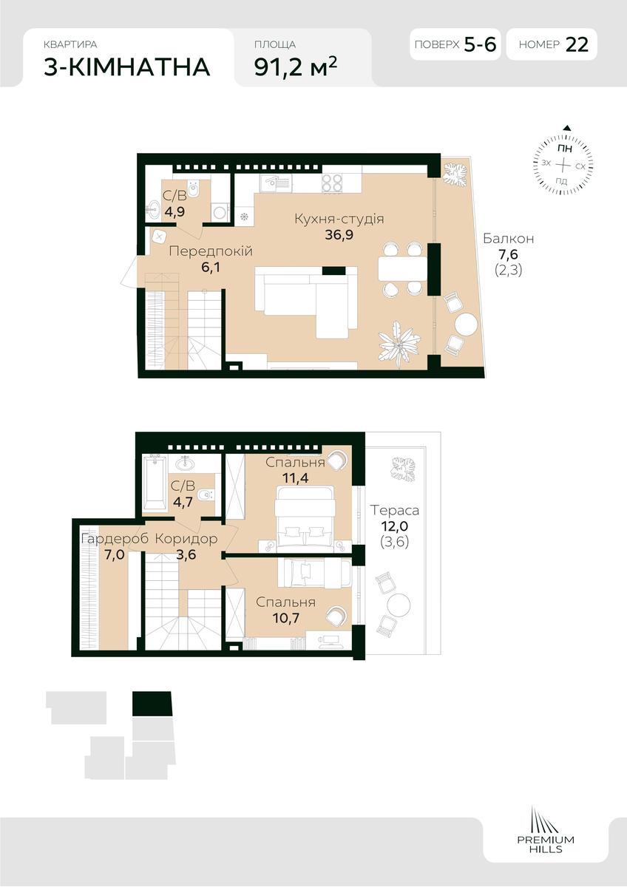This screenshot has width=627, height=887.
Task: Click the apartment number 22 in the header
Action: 577,44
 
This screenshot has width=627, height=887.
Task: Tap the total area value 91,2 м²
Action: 296,67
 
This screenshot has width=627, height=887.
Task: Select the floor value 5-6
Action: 480,44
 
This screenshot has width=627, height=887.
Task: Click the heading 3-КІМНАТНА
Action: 126,67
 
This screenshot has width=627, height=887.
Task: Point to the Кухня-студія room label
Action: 339,219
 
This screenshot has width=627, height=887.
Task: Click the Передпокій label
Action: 211,251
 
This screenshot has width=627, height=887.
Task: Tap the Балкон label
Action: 509,238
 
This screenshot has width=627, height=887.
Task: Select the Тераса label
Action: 395,511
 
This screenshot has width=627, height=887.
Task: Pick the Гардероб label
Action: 115,539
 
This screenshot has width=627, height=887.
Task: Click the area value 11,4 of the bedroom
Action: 295,478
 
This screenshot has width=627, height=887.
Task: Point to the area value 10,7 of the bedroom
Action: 286,617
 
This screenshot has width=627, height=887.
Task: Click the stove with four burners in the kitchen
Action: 332,183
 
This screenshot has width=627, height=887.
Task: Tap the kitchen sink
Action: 276,183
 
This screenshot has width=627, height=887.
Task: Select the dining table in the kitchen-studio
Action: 402,268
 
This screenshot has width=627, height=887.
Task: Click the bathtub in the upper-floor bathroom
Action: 155,483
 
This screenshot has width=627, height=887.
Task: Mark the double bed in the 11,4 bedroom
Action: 305,519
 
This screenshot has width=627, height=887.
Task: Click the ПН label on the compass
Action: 564,149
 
